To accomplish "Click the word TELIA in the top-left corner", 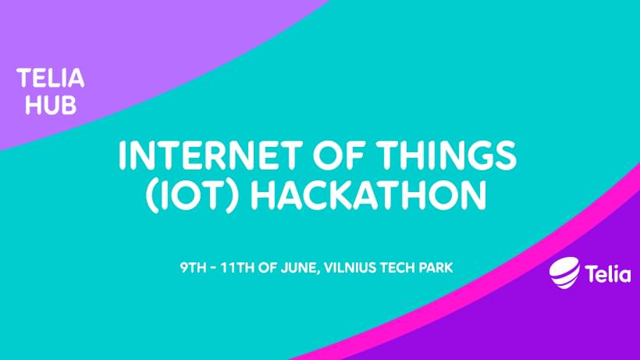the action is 51,78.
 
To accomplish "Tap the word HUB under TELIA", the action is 51,105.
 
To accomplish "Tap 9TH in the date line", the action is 193,268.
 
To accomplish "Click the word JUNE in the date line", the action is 299,268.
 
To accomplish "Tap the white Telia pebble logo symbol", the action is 564,273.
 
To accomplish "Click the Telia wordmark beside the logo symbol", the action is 608,273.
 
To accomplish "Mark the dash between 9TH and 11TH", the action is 214,268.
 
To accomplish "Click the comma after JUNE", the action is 318,273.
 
